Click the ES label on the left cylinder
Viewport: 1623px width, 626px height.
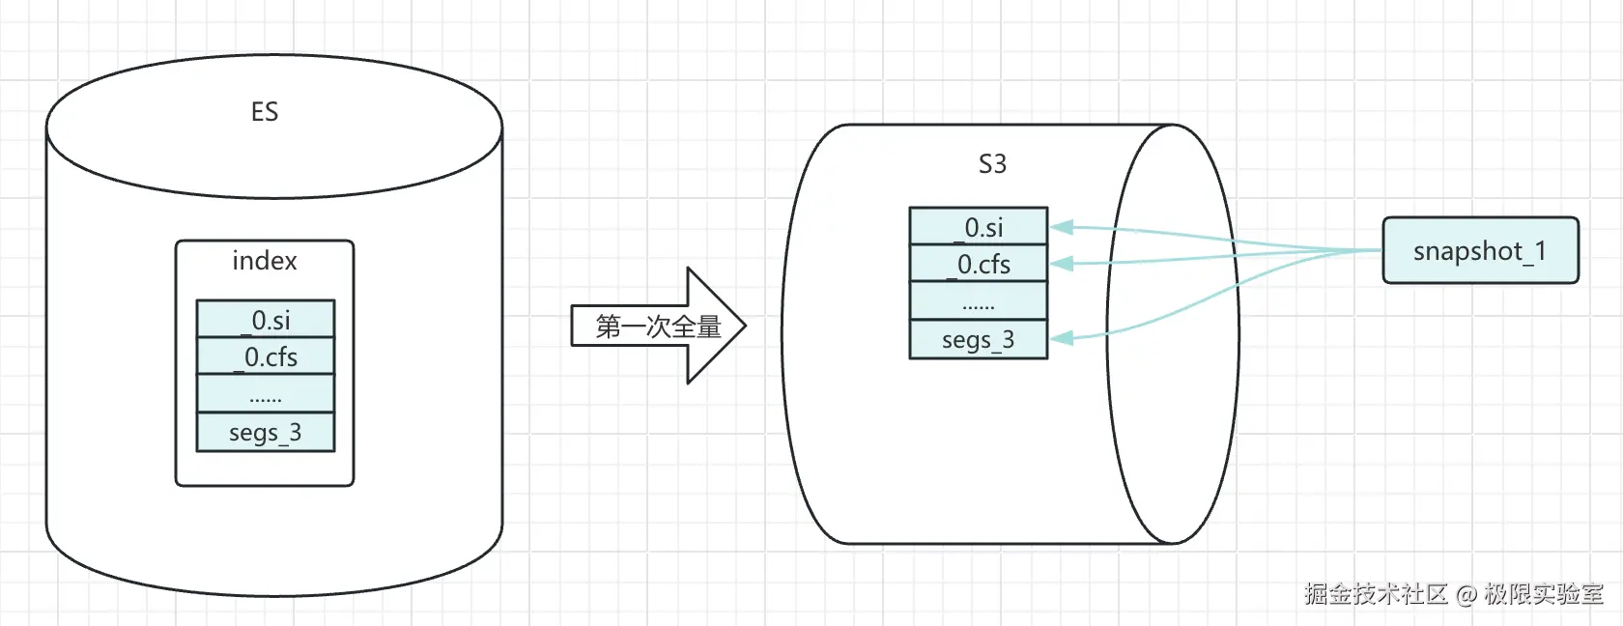pos(264,112)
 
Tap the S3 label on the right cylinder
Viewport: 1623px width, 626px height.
pos(992,164)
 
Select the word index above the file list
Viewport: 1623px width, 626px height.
pos(264,261)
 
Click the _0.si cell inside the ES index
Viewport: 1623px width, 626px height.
pos(266,320)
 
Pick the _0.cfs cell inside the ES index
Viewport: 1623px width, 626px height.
pos(266,357)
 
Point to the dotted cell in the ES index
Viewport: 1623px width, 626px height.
pos(266,395)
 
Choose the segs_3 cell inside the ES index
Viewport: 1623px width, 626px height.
pos(266,433)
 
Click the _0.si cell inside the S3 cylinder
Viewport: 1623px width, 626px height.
pos(979,227)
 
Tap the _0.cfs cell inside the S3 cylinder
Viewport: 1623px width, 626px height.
pos(979,264)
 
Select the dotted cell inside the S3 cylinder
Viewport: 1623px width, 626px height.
pos(979,302)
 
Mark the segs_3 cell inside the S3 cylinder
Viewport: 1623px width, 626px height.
pos(979,340)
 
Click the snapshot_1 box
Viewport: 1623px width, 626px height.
pos(1480,251)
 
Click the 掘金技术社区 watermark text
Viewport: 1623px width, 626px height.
pos(1375,594)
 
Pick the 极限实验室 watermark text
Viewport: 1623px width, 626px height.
pos(1544,594)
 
